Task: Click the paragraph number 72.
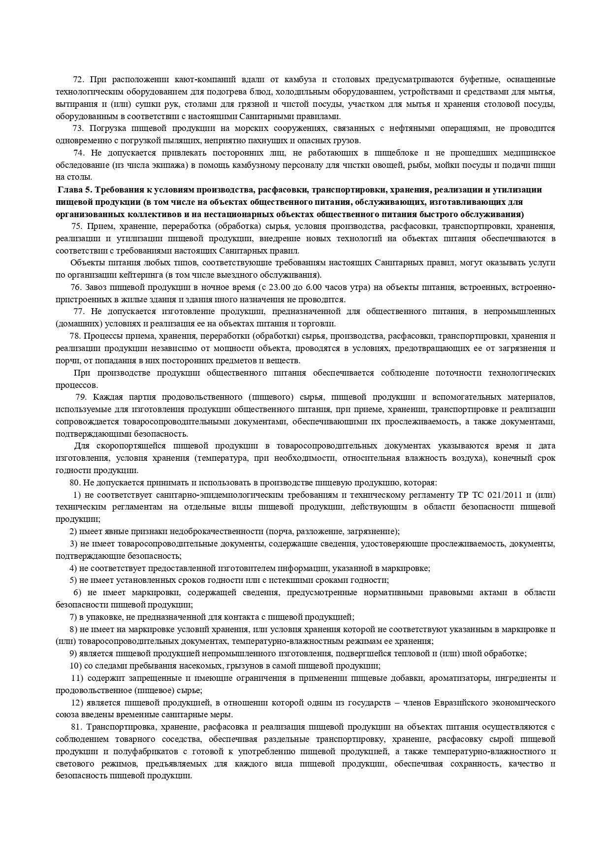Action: (78, 80)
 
